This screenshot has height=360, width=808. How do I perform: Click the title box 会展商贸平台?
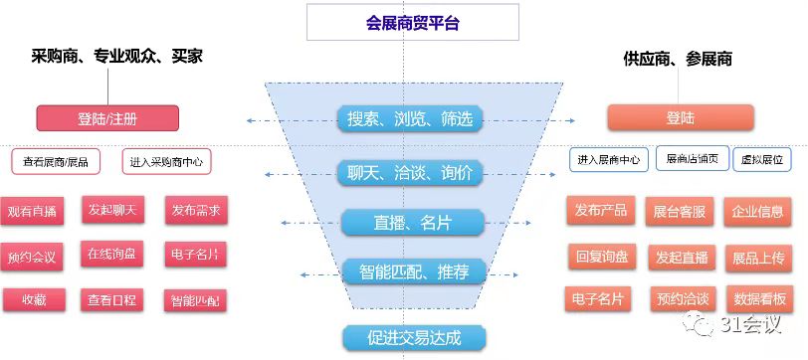coord(412,22)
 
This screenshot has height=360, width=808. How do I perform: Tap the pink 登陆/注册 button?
coord(107,118)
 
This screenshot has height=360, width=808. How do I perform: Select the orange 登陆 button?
coord(681,118)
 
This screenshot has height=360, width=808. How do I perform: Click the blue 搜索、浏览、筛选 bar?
coord(410,119)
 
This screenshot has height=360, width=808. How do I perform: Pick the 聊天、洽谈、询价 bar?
coord(410,172)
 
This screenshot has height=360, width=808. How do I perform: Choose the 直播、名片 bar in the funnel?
coord(410,222)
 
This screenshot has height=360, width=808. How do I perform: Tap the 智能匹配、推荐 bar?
coord(410,270)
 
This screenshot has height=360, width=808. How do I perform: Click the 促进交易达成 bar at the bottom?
coord(410,336)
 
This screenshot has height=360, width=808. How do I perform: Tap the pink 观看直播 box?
coord(32,212)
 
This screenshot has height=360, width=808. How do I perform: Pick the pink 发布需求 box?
coord(195,211)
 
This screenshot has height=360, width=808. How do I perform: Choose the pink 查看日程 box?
coord(111,298)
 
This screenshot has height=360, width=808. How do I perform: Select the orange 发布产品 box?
coord(600,211)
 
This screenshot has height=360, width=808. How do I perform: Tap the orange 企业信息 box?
coord(757,212)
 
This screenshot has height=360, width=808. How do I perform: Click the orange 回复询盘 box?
coord(601,256)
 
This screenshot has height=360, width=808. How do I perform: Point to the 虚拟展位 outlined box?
coord(764,159)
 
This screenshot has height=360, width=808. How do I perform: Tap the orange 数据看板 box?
coord(758,298)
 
